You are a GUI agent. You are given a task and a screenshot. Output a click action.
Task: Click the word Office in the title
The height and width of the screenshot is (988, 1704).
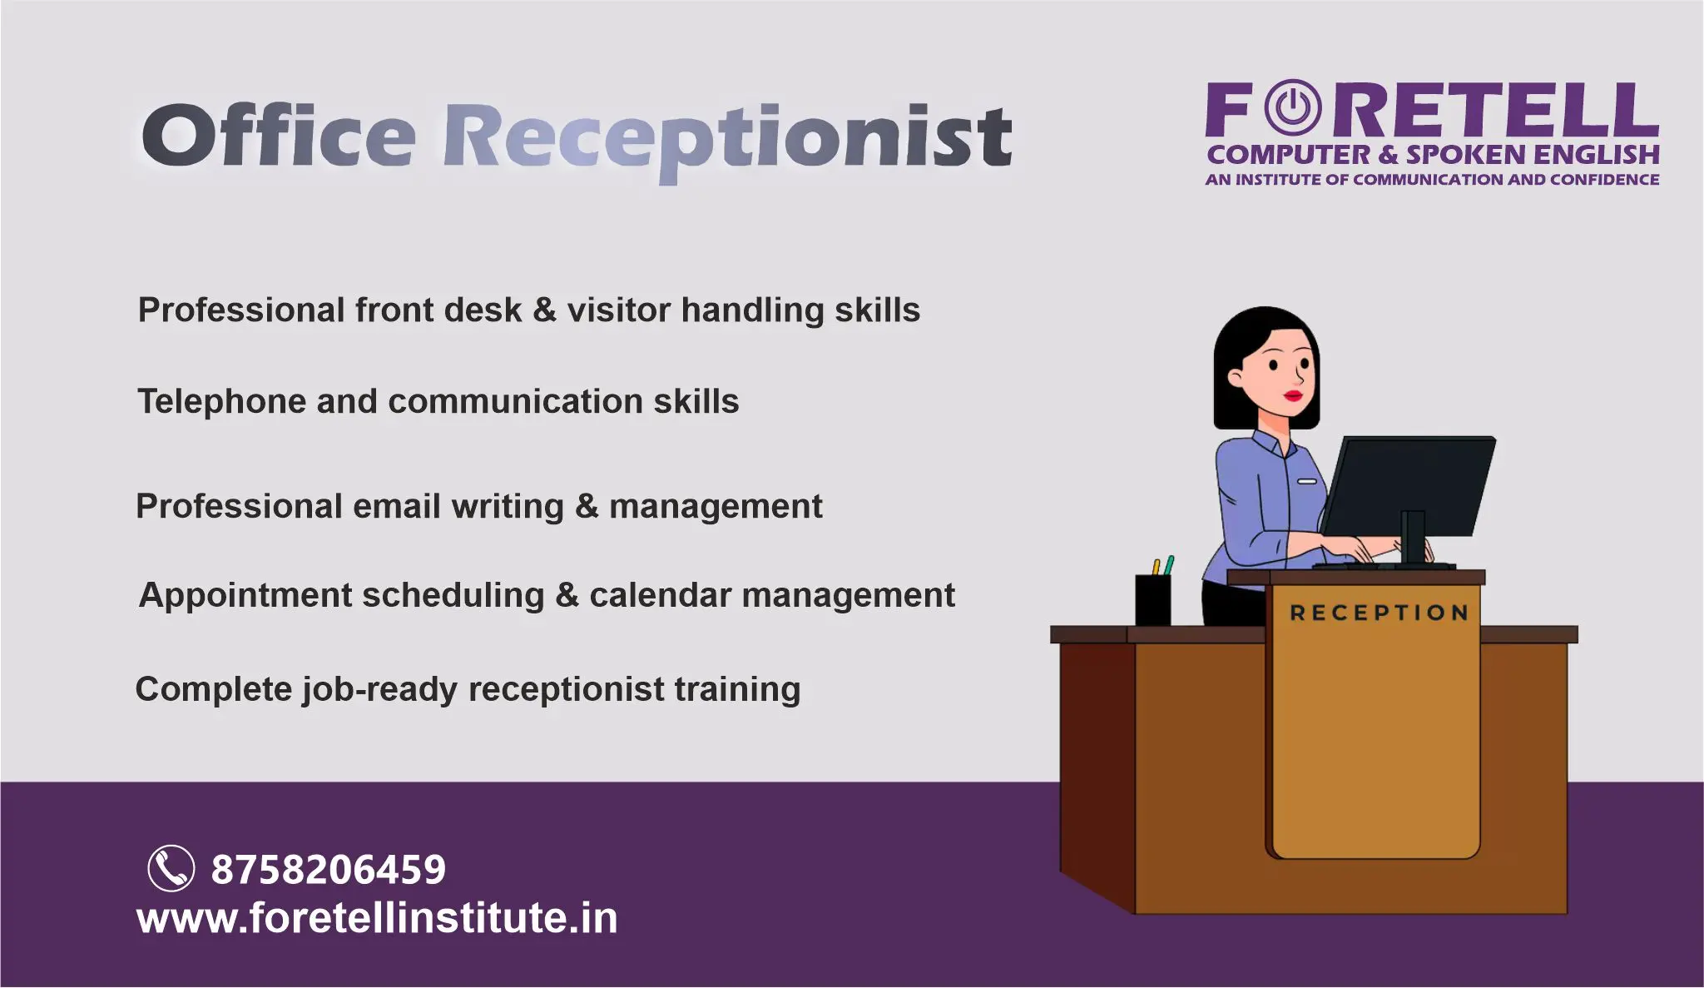(x=279, y=135)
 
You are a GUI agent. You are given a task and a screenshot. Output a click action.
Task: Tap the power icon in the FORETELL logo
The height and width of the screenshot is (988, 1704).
(x=1292, y=107)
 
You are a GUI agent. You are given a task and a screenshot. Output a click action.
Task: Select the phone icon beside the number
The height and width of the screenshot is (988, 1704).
(x=171, y=868)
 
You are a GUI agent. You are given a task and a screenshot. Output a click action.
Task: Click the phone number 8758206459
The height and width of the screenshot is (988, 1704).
(x=329, y=870)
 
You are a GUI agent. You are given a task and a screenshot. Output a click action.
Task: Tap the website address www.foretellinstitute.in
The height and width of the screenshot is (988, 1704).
(x=377, y=918)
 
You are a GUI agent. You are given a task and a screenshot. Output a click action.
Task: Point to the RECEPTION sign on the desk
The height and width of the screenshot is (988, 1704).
(x=1379, y=613)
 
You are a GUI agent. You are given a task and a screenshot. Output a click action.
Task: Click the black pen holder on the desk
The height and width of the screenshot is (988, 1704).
(x=1153, y=599)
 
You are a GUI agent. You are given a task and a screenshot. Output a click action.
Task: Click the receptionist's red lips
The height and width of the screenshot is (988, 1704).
(x=1294, y=395)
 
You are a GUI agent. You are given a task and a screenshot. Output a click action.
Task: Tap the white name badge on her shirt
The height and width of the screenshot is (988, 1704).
(x=1307, y=481)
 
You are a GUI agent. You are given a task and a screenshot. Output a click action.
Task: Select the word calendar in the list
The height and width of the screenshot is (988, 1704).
(x=660, y=596)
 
